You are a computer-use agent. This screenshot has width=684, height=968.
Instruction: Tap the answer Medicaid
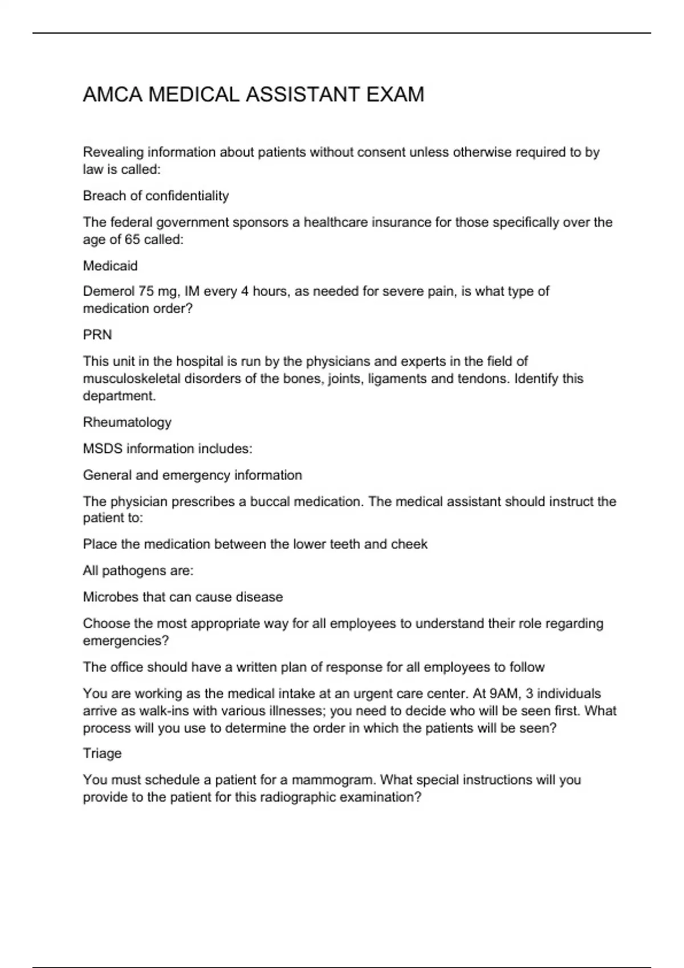coord(110,266)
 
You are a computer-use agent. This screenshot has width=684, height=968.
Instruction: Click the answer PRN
coord(97,335)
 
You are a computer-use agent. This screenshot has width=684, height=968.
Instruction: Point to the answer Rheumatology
coord(127,423)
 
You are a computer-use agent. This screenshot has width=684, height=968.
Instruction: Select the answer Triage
coord(102,753)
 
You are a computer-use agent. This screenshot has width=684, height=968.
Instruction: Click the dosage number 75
coord(145,292)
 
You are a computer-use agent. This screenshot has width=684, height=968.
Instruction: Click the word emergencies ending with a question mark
coord(126,641)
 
